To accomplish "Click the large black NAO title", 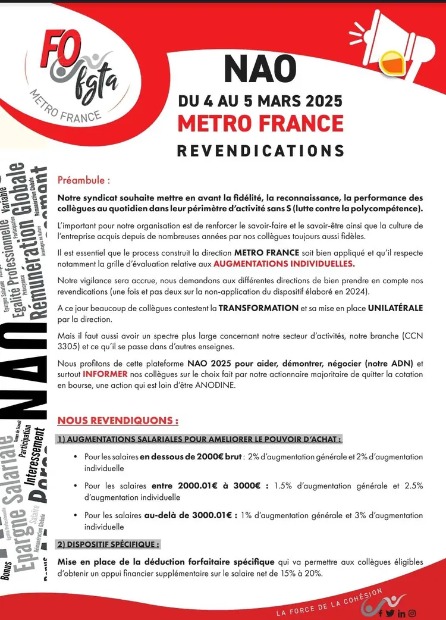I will tap(260, 70).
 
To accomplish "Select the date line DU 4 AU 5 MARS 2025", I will tap(260, 101).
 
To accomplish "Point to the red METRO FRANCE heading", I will tap(260, 124).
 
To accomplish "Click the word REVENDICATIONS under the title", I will tap(260, 151).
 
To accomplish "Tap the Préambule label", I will tap(84, 180).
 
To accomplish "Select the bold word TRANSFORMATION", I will tap(258, 308).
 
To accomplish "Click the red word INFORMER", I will tap(105, 375).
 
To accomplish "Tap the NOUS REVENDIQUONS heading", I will tap(118, 421).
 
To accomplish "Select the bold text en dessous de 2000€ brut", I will tap(191, 457).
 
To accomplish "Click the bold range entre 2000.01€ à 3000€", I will tap(210, 486).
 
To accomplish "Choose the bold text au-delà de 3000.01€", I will tap(191, 515).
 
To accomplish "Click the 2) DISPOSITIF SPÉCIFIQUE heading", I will tap(108, 544).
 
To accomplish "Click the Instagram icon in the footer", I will tap(412, 613).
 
